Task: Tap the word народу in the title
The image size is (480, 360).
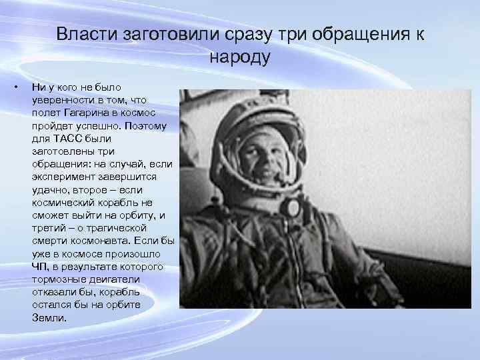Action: (240, 57)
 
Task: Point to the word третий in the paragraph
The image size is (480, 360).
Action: (49, 229)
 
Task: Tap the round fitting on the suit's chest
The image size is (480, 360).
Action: (292, 208)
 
